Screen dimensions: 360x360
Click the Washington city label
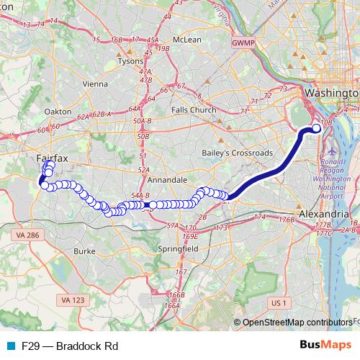[x=331, y=94]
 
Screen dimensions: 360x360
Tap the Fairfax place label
[x=51, y=156]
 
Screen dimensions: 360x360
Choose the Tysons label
[x=130, y=62]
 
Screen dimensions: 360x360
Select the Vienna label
[x=95, y=84]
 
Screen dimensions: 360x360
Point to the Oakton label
[x=58, y=112]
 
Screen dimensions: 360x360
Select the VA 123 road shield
[x=71, y=300]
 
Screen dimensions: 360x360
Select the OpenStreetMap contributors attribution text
[x=297, y=323]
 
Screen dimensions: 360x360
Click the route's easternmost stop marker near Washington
[x=316, y=128]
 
